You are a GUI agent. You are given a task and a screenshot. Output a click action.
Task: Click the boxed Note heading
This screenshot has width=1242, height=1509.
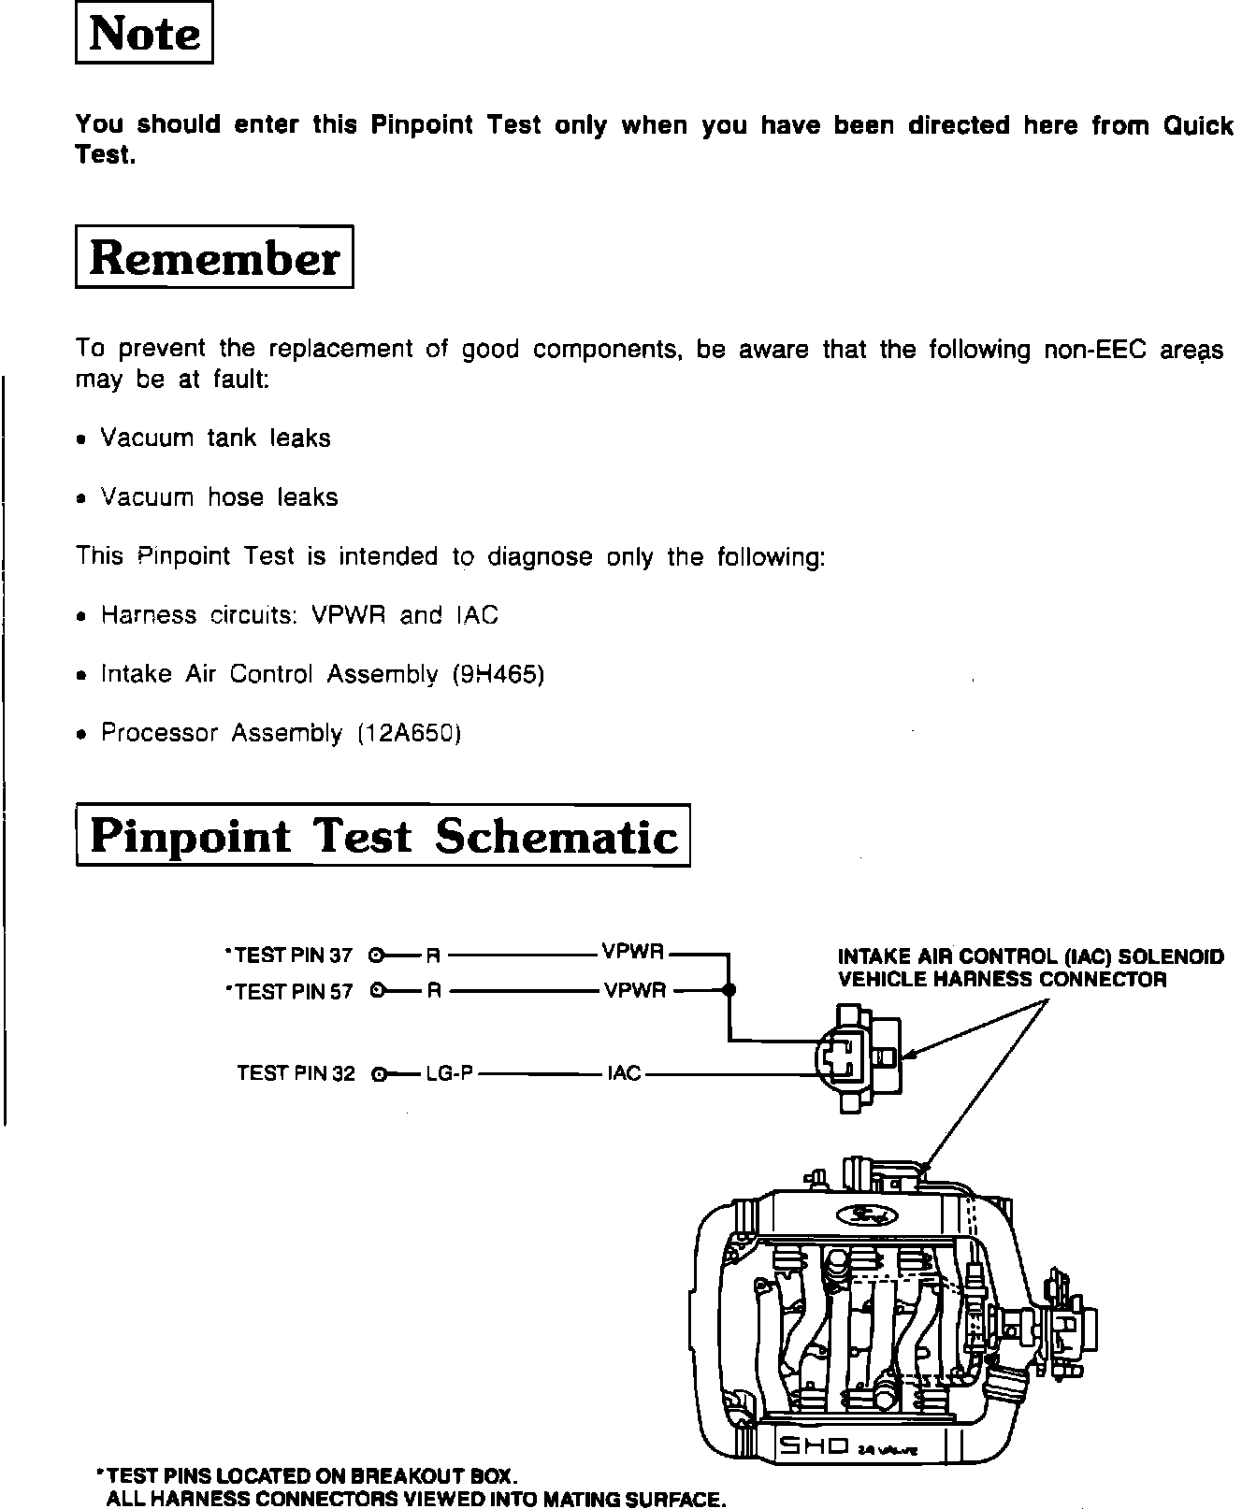coord(144,35)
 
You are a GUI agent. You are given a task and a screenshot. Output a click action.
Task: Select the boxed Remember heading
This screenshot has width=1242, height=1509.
coord(214,257)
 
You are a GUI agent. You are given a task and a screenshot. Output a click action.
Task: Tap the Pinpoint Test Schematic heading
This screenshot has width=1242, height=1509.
coord(383,836)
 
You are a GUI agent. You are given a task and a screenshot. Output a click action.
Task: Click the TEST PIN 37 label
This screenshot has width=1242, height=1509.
coord(291,955)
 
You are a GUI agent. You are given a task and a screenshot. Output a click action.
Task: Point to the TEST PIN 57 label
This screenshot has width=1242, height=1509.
coord(291,990)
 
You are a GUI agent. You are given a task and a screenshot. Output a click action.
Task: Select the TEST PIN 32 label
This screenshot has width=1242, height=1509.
coord(296,1073)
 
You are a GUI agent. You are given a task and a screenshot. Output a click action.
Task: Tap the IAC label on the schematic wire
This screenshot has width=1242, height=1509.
coord(624,1073)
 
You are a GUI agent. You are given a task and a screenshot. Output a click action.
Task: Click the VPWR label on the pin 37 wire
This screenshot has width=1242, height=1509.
coord(633,953)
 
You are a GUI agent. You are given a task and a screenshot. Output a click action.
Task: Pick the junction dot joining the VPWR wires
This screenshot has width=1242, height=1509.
coord(729,989)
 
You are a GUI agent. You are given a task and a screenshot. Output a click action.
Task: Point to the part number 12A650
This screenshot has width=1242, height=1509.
coord(410,733)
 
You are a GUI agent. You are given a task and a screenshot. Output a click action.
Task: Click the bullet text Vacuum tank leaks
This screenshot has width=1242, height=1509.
coord(215,438)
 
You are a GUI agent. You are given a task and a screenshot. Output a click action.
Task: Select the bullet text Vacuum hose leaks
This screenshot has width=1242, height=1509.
coord(219,496)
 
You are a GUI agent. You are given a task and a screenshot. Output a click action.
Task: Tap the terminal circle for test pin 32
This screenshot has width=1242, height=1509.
coord(378,1074)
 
